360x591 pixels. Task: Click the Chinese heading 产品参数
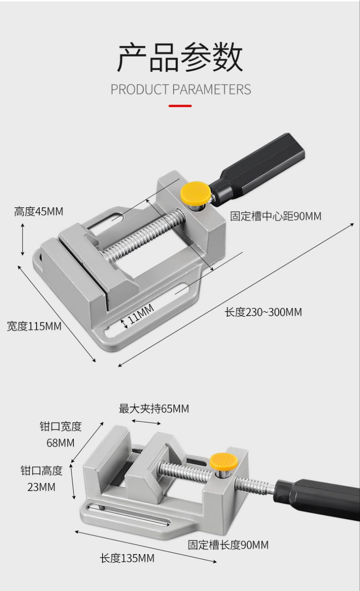[x=180, y=58]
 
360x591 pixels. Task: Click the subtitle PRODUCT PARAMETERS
[x=180, y=89]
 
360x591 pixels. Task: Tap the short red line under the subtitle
[x=180, y=106]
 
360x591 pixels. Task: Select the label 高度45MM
[x=39, y=211]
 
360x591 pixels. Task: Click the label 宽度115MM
[x=34, y=326]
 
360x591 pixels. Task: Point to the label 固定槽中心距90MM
[x=276, y=216]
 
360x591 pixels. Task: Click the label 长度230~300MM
[x=263, y=312]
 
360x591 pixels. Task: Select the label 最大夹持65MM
[x=154, y=409]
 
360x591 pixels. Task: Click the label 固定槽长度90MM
[x=228, y=545]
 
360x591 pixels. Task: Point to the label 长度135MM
[x=127, y=558]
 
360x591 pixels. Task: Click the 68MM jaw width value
[x=60, y=443]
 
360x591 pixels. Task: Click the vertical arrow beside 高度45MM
[x=22, y=239]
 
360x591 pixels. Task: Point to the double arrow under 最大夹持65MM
[x=146, y=422]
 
